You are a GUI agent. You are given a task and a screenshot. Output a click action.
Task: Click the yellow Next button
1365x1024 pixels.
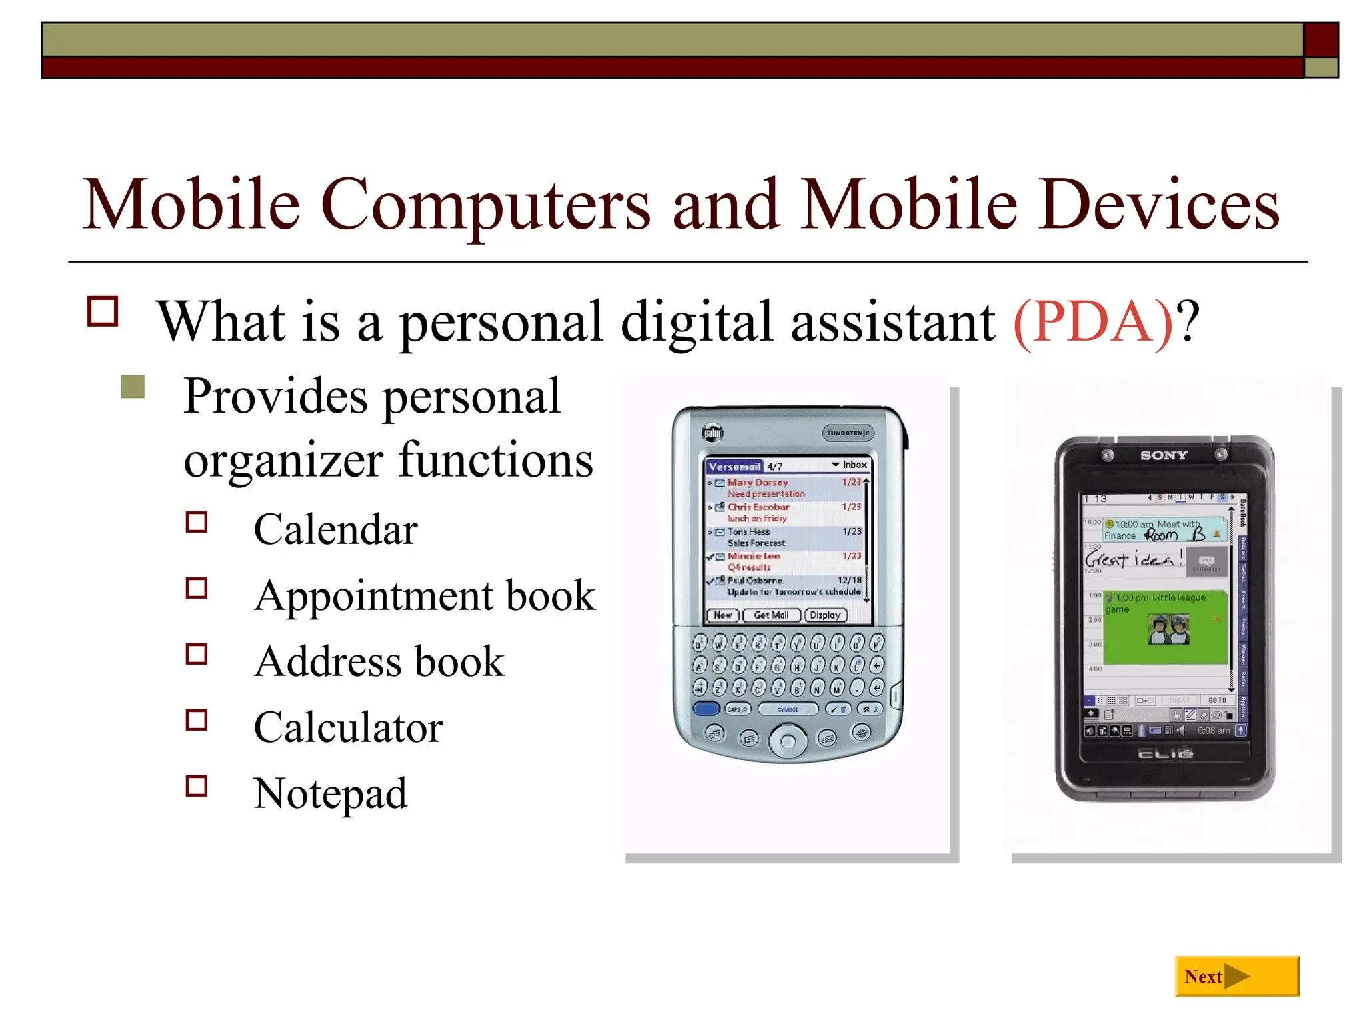click(1236, 976)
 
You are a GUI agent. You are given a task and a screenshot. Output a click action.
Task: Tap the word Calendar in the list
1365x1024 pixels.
click(335, 529)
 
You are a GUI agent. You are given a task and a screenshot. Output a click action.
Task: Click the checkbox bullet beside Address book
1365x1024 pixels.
click(197, 654)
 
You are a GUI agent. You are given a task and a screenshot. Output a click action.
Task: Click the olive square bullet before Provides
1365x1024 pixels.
click(133, 387)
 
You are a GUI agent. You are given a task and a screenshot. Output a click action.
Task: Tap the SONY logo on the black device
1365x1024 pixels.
click(1164, 455)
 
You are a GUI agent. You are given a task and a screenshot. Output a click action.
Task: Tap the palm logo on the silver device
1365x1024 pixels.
click(712, 433)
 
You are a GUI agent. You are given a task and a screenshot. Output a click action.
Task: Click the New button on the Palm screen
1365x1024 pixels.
click(722, 615)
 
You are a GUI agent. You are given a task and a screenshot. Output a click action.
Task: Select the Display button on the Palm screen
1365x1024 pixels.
click(826, 615)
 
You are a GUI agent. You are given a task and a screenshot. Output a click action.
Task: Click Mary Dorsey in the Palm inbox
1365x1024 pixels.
click(758, 482)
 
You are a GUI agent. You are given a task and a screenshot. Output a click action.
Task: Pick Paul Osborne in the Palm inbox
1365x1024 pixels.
click(754, 581)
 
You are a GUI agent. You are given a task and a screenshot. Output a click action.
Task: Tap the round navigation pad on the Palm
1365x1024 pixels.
click(788, 741)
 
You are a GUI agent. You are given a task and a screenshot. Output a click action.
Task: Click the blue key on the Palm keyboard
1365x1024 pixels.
click(706, 709)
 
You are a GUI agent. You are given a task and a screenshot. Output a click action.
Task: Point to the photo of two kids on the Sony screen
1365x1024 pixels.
click(1168, 629)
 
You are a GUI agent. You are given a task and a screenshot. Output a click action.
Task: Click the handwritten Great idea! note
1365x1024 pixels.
click(1134, 559)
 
